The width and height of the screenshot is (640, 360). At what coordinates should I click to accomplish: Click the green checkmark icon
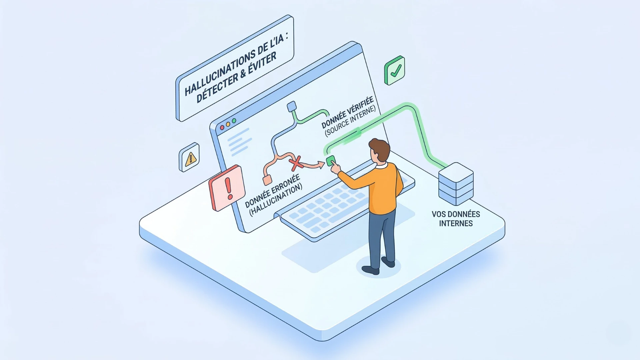click(395, 70)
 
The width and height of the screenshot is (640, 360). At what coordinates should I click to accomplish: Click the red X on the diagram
click(295, 163)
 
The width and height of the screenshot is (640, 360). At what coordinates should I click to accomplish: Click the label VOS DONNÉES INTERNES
click(456, 219)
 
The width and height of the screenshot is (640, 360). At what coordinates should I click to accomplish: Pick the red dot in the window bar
click(222, 128)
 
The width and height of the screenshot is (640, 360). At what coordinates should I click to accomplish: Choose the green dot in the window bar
click(234, 121)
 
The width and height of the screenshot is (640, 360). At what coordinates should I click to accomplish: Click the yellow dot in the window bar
click(228, 124)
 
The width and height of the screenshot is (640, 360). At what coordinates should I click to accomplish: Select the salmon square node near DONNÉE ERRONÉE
click(267, 180)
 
